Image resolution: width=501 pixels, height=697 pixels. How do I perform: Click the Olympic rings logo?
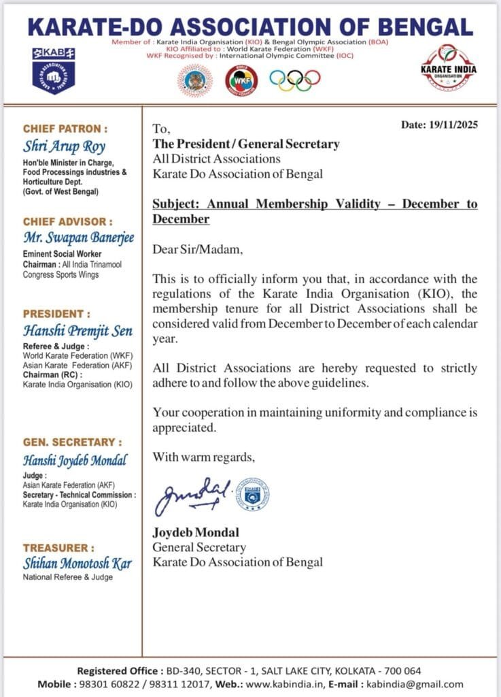[x=294, y=80]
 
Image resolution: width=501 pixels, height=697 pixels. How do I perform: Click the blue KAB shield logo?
[x=53, y=71]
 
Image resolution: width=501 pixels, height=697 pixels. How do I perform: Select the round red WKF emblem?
[x=241, y=80]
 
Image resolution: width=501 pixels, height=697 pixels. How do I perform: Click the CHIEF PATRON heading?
[x=65, y=128]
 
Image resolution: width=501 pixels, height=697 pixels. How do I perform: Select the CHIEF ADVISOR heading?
[x=67, y=221]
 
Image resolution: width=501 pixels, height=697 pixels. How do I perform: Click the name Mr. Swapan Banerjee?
[x=79, y=238]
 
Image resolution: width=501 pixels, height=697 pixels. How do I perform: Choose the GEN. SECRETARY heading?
[x=73, y=442]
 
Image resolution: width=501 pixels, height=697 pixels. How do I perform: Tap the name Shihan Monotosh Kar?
[x=77, y=564]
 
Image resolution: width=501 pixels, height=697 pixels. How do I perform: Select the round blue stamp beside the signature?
[x=252, y=494]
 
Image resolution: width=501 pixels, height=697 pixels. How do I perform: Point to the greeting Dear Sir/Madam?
[x=197, y=250]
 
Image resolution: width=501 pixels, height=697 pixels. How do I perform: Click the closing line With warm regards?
[x=204, y=456]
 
